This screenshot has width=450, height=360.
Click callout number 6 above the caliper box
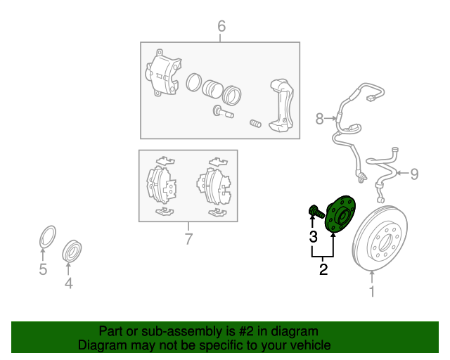tap(221, 27)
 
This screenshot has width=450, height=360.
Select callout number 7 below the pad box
tap(188, 239)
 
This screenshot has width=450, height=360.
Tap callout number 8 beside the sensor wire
tap(319, 119)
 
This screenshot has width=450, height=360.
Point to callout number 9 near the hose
tap(413, 173)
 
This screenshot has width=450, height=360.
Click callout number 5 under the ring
tap(43, 269)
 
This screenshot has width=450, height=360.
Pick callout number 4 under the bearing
tap(68, 283)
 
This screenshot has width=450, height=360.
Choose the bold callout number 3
tap(313, 236)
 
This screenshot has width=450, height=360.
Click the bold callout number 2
tap(323, 268)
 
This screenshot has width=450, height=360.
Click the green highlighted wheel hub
tap(341, 214)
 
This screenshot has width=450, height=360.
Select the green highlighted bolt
tap(315, 210)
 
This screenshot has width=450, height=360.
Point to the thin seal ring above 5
tap(47, 237)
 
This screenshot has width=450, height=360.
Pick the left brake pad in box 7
tap(160, 185)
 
